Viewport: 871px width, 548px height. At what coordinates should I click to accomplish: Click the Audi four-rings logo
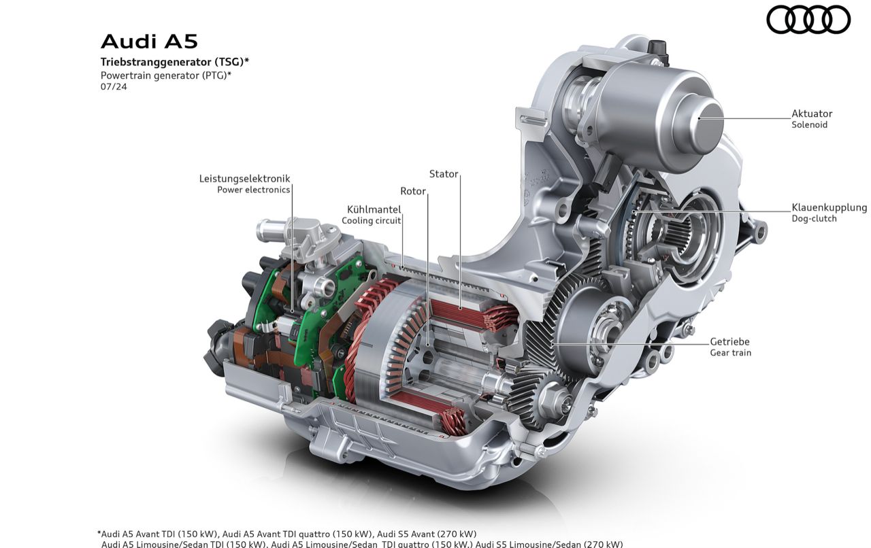point(808,20)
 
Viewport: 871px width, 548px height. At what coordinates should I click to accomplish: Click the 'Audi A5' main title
point(149,41)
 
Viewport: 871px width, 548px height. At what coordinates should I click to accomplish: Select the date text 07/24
point(114,86)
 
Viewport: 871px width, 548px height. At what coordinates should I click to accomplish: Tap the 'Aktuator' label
point(812,114)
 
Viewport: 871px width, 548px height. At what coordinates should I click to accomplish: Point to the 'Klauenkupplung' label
point(829,207)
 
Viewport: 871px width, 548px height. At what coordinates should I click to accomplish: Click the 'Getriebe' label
point(730,341)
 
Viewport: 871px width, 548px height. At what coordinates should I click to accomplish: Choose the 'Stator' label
point(444,174)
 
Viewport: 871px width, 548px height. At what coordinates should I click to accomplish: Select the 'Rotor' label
point(413,191)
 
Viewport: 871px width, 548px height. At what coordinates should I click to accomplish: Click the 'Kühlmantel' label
point(374,209)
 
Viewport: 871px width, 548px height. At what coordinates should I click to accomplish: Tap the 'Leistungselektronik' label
point(244,178)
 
